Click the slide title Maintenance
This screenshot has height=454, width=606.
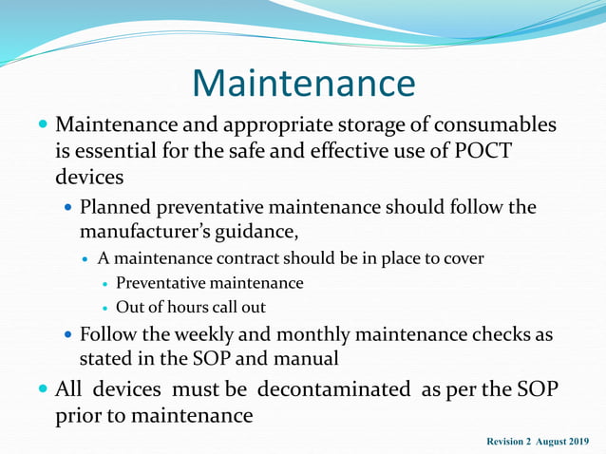coord(303,83)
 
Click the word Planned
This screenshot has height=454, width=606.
coord(118,207)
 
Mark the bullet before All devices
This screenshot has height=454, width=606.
coord(43,389)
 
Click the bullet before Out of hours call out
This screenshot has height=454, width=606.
coord(105,308)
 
